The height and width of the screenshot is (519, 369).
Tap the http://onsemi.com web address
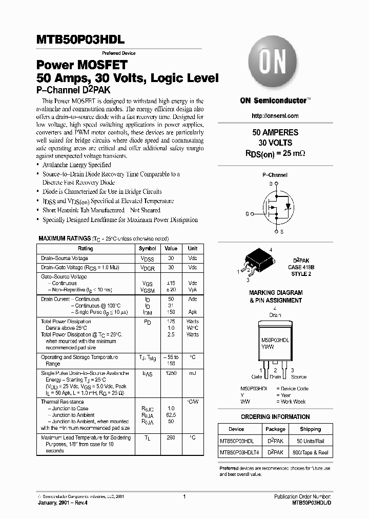(x=275, y=116)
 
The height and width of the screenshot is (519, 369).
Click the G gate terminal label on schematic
(x=247, y=213)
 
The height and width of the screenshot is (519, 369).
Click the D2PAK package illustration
(x=254, y=262)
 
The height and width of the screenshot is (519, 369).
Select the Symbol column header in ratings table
(x=148, y=248)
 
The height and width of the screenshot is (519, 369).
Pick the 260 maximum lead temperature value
(x=171, y=437)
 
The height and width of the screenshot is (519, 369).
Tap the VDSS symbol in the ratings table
(x=148, y=258)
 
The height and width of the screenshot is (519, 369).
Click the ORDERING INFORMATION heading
(x=275, y=417)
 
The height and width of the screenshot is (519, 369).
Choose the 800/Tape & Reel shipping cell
(x=311, y=453)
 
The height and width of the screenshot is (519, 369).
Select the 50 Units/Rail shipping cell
(x=311, y=441)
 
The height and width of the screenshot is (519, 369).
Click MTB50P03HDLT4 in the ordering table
(x=240, y=453)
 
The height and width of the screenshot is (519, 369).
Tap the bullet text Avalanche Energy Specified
(x=76, y=165)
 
